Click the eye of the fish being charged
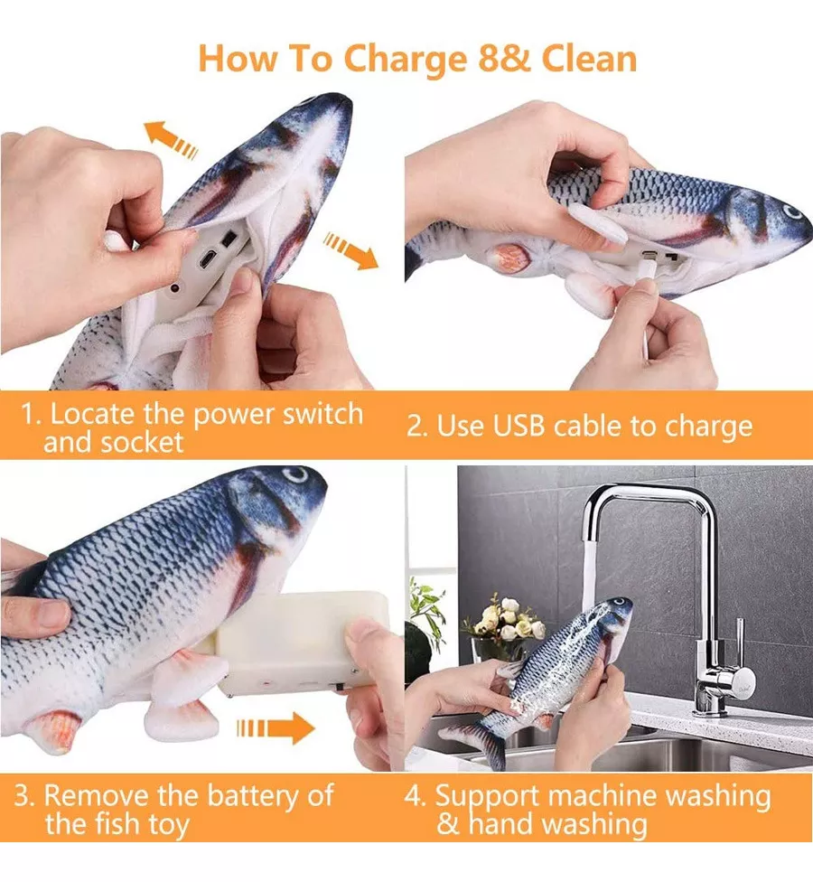pos(791,212)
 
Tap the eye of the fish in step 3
pos(295,475)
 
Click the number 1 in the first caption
pos(29,416)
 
